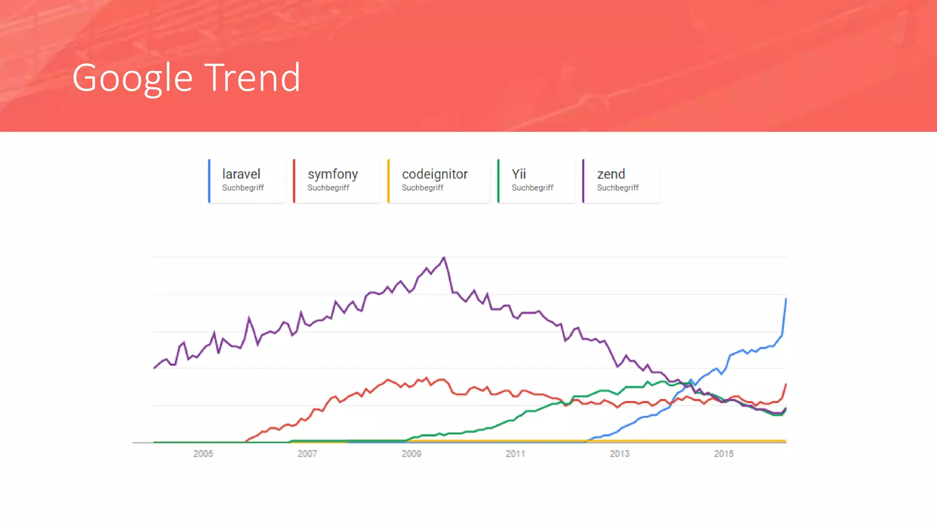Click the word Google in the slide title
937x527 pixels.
pos(132,79)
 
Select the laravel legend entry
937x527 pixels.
pos(241,174)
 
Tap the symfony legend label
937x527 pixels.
pos(333,174)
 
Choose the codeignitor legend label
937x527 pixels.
pos(435,174)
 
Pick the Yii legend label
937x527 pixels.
pos(519,174)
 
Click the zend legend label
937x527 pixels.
pos(611,174)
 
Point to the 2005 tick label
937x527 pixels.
pos(203,454)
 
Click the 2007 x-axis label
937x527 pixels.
pos(307,454)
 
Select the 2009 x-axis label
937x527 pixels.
pos(411,454)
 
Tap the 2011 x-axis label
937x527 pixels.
pos(515,454)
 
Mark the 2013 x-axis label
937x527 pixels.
pos(619,454)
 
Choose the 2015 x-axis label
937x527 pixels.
pos(723,454)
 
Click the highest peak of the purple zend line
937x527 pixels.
pos(444,258)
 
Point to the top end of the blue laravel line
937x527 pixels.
pos(786,299)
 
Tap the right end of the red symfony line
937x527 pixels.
pos(786,385)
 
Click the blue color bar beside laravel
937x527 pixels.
pos(209,181)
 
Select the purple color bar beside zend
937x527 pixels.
pos(583,181)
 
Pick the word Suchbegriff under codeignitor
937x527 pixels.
pos(422,188)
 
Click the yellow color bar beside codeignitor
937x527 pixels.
pos(388,181)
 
